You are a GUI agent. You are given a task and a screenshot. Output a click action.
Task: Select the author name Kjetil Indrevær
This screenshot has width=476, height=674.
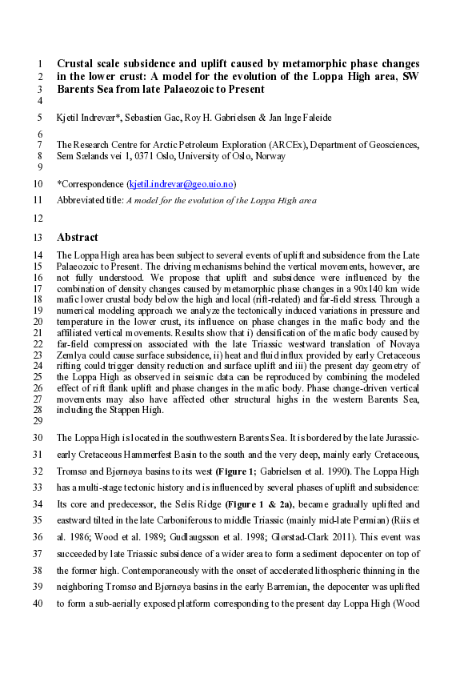90,118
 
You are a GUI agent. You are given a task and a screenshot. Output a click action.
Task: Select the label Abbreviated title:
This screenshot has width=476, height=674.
90,201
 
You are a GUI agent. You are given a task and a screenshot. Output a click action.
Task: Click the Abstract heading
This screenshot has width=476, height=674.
78,237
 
